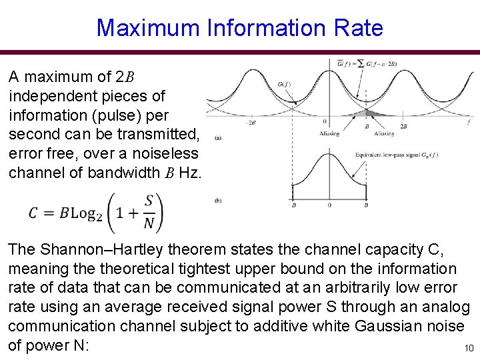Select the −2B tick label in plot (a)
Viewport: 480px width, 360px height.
(251, 123)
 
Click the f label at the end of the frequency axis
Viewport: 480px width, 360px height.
(470, 121)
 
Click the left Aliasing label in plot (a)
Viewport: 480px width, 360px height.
(330, 133)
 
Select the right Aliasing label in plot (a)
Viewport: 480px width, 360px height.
(384, 133)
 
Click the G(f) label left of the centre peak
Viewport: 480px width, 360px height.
(283, 84)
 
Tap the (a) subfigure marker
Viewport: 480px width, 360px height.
(219, 138)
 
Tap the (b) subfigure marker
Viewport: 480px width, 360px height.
(219, 200)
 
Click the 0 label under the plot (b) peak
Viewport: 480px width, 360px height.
(329, 206)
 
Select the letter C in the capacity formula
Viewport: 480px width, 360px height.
(34, 213)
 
